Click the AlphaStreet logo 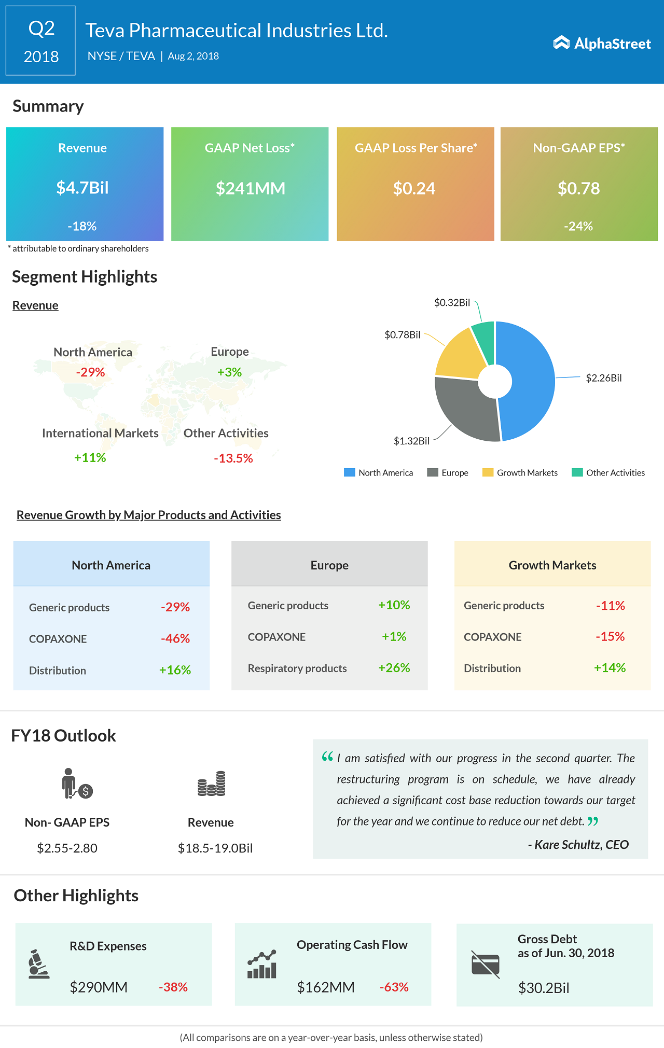point(602,44)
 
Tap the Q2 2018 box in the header point(40,41)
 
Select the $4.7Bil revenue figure point(82,188)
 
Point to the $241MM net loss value point(251,188)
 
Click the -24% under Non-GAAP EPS point(578,226)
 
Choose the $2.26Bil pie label point(603,378)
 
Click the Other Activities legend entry point(608,473)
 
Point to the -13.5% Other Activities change point(233,458)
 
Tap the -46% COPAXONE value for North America point(175,639)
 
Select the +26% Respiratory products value point(394,668)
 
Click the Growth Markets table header point(552,565)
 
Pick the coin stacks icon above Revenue point(211,784)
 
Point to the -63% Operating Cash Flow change point(394,987)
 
